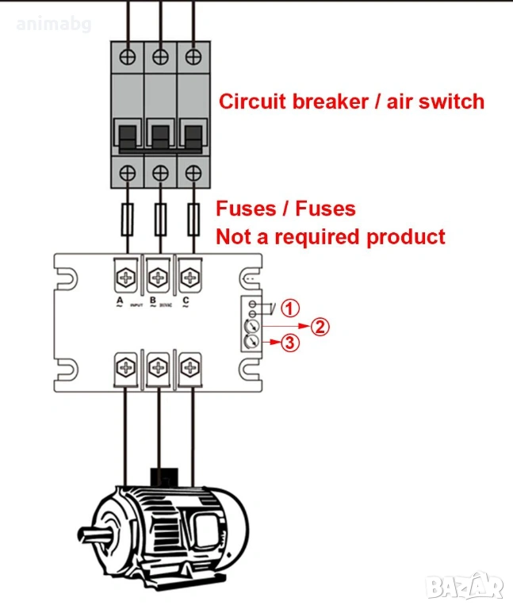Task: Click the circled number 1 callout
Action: point(291,308)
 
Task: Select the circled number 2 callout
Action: point(318,326)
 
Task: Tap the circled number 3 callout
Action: point(291,343)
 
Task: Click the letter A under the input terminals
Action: point(119,301)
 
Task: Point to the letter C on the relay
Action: point(186,301)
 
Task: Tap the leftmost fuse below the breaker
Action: point(129,216)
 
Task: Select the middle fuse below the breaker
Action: point(159,216)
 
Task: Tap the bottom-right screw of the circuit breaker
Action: point(190,170)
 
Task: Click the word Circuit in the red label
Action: point(253,101)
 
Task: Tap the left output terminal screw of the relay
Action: point(128,366)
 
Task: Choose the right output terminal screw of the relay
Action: point(188,366)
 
